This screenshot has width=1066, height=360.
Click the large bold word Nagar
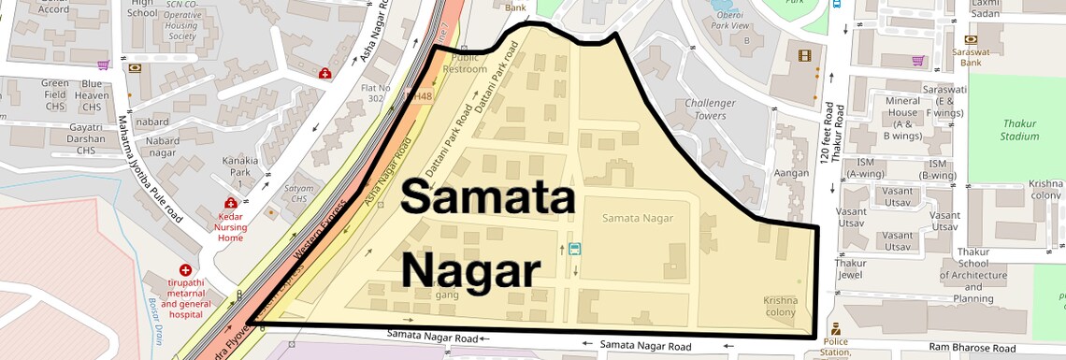pos(471,272)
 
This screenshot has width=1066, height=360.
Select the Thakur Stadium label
pos(1020,130)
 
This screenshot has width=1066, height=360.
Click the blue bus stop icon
pos(573,249)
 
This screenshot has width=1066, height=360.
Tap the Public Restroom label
pos(465,64)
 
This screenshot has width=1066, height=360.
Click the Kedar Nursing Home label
pos(231,225)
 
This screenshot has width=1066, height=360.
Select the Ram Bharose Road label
pos(967,347)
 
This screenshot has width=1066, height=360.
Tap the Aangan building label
pos(791,173)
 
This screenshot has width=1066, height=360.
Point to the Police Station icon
pos(835,329)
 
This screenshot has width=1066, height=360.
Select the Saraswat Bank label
pos(975,57)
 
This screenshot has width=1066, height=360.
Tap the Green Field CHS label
pos(55,95)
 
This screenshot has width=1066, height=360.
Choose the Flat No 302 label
pos(377,93)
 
